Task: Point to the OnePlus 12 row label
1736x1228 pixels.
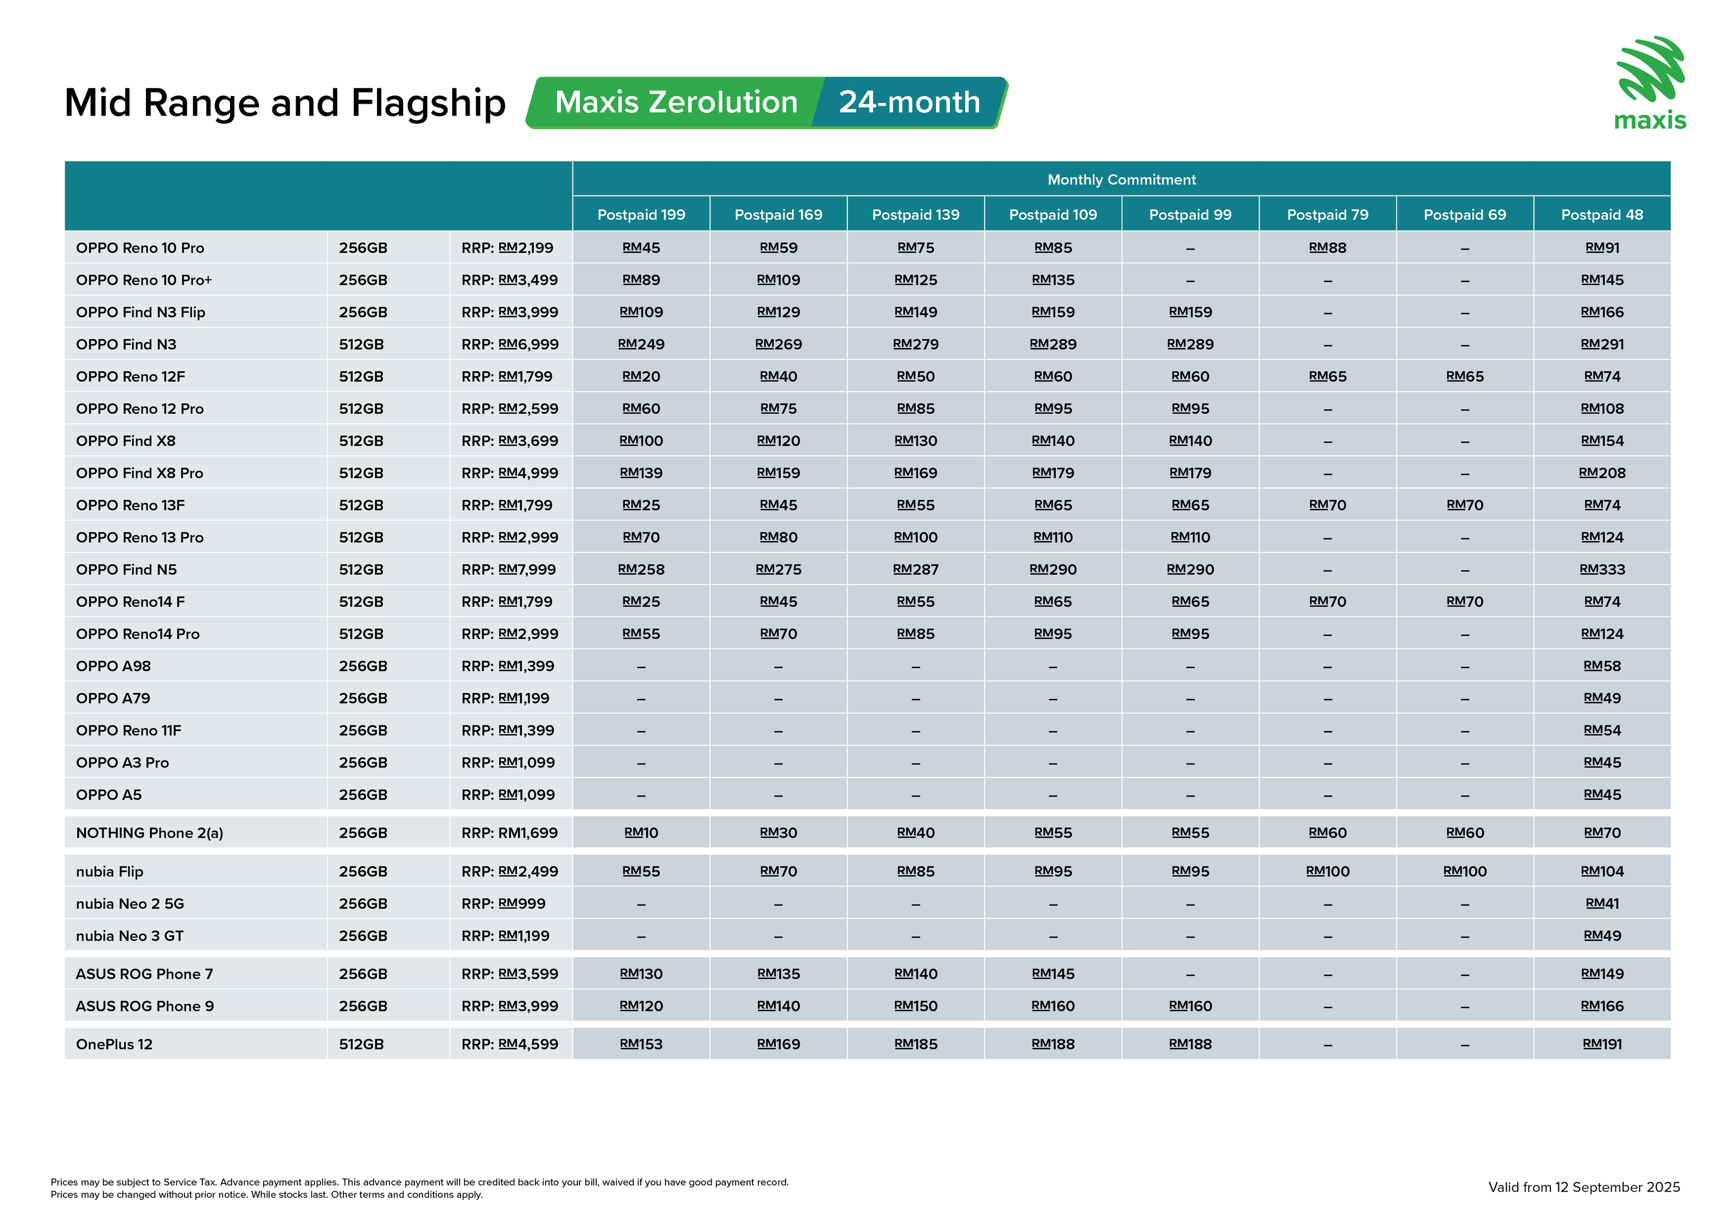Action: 114,1044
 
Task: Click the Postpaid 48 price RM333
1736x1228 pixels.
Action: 1601,569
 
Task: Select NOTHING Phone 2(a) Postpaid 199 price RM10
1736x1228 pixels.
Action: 641,832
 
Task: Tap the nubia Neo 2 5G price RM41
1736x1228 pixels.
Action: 1601,903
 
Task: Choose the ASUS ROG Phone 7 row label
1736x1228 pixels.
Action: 144,974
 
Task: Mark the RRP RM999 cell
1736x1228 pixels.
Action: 503,903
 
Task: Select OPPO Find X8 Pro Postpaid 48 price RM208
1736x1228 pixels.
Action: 1601,473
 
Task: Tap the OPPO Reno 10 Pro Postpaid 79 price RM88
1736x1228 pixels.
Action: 1327,248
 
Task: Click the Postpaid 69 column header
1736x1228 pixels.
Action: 1465,215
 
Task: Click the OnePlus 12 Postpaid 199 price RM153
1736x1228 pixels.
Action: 641,1044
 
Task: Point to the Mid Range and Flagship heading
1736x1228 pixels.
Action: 285,103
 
